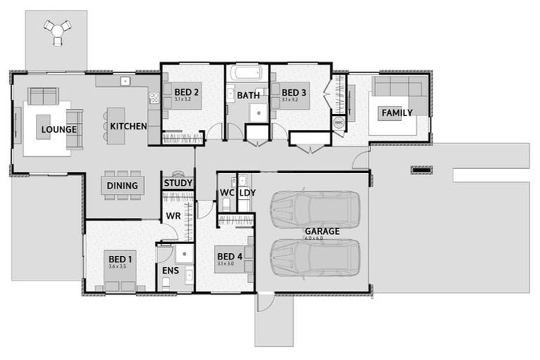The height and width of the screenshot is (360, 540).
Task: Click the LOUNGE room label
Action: coord(58,129)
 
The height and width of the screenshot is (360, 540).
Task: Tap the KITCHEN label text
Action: coord(128,127)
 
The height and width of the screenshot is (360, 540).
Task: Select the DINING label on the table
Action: coord(122,186)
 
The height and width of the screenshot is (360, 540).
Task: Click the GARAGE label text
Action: coord(322,231)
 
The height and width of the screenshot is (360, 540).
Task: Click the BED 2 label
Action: coord(187,92)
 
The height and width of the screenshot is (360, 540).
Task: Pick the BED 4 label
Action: coord(230,256)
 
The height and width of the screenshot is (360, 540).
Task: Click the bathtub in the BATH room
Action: coord(247,73)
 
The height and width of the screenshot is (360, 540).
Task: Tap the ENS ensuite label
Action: coord(171,271)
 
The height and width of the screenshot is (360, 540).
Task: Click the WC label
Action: coord(226,192)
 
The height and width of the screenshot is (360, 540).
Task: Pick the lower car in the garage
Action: coord(315,257)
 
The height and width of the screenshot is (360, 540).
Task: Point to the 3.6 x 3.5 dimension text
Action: coord(118,266)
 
